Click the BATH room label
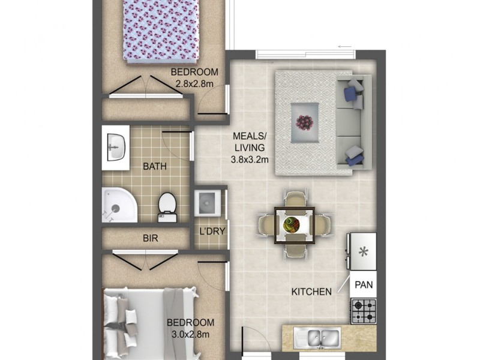tap(155, 166)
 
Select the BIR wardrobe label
tap(150, 238)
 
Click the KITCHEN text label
tap(311, 292)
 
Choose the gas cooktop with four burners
tap(363, 311)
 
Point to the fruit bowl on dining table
tap(292, 225)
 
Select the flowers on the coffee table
tap(305, 122)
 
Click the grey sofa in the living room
tap(354, 123)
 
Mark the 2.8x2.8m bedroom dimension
tap(196, 84)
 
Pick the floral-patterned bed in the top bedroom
tap(160, 30)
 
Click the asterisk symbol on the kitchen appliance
tap(363, 251)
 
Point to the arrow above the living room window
tap(344, 46)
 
